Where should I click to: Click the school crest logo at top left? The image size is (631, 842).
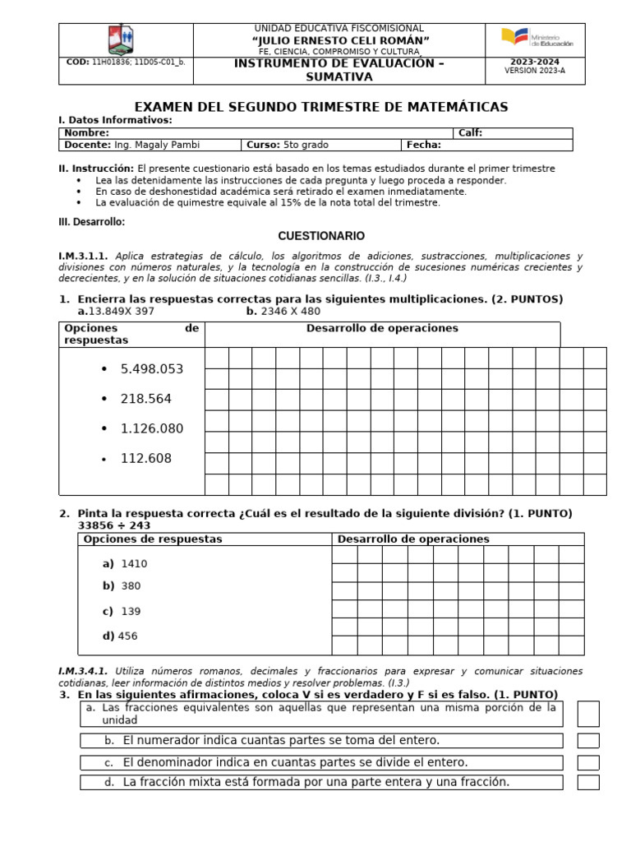121,39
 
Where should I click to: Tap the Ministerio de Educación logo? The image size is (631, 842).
538,39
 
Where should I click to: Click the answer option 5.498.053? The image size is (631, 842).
151,369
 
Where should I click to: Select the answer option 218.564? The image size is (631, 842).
145,399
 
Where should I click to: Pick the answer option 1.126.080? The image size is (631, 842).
151,428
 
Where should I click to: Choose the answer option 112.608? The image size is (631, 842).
145,459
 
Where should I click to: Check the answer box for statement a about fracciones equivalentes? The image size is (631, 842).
588,714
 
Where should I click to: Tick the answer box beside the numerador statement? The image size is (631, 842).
588,741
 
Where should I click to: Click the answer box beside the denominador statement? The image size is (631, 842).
588,762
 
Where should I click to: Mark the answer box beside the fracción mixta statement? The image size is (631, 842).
588,782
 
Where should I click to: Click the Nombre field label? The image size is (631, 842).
86,132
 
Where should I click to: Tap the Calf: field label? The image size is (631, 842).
470,132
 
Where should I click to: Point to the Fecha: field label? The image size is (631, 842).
424,145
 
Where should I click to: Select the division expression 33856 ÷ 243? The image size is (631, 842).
114,525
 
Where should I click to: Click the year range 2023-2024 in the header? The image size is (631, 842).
534,62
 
